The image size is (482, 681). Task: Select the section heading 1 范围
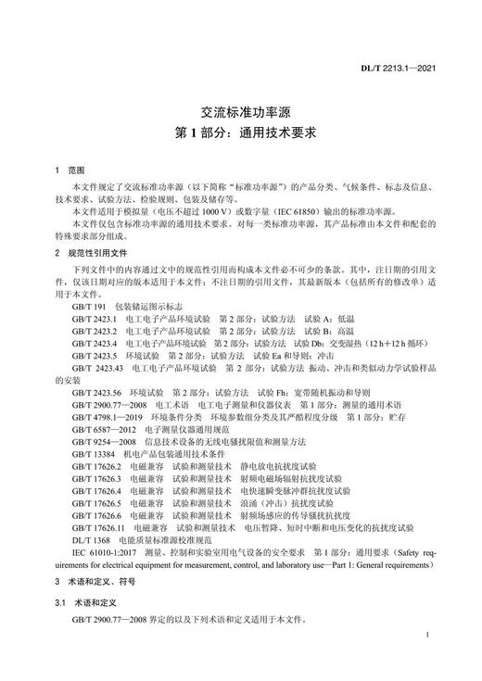70,171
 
